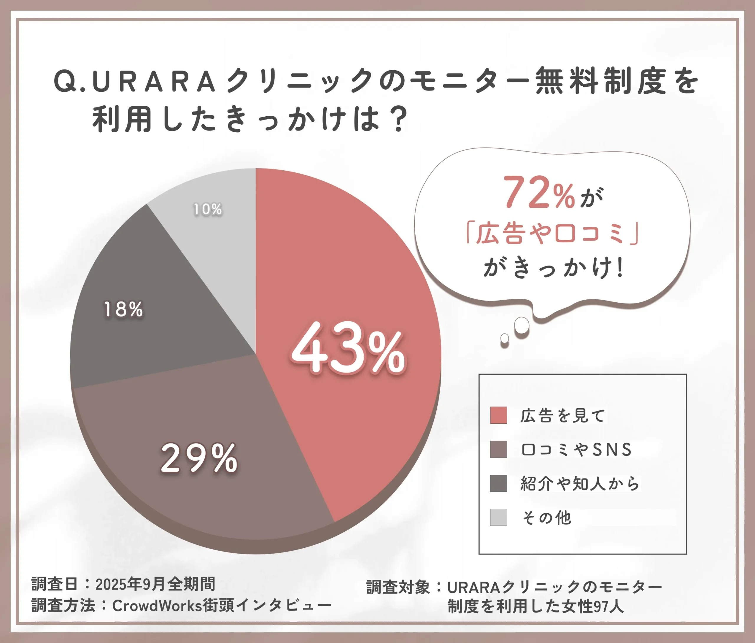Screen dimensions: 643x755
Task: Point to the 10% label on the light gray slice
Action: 207,209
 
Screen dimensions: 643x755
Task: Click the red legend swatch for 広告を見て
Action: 498,415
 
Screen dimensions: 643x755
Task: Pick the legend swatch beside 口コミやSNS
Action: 498,449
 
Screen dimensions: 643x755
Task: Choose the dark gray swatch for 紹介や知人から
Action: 498,483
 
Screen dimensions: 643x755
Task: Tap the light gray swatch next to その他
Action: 498,517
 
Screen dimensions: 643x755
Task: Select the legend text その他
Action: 546,518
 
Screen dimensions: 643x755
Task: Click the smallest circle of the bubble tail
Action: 504,339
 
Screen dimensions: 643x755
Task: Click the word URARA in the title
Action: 154,82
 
